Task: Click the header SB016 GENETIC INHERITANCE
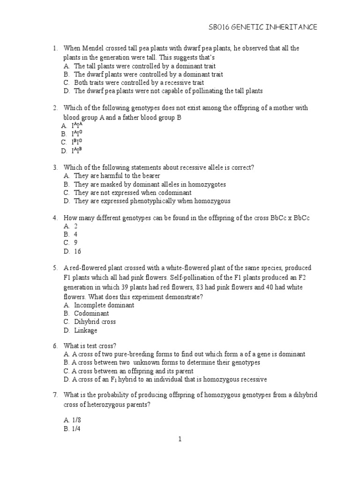pyautogui.click(x=262, y=28)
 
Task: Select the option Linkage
pyautogui.click(x=86, y=330)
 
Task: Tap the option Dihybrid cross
pyautogui.click(x=95, y=322)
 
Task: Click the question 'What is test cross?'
pyautogui.click(x=90, y=345)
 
